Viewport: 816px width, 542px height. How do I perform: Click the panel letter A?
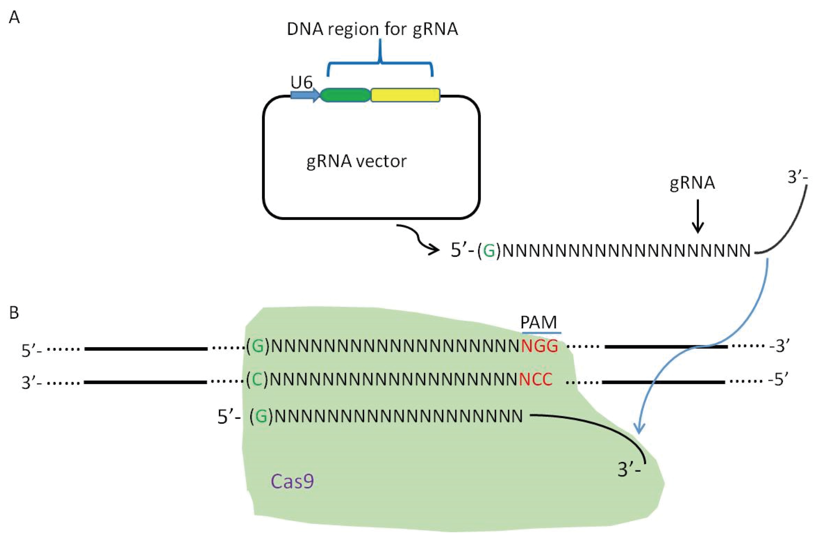pos(14,17)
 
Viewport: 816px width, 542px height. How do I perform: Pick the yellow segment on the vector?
pos(405,95)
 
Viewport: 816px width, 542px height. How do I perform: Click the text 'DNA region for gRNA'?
pos(372,29)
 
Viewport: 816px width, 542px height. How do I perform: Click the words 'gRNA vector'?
pos(356,162)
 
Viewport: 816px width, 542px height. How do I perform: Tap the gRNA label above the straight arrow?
pos(692,183)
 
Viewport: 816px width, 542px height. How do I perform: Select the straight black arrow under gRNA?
pos(698,216)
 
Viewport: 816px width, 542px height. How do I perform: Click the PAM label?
pos(538,323)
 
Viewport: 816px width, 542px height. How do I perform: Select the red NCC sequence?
pos(536,380)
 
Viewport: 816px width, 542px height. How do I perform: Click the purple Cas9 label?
pos(292,481)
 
